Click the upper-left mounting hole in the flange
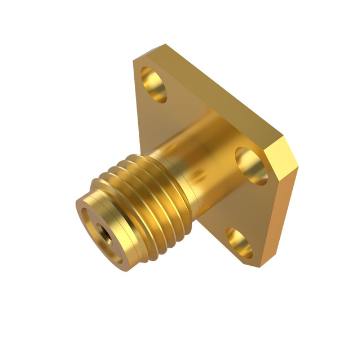tap(154, 85)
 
